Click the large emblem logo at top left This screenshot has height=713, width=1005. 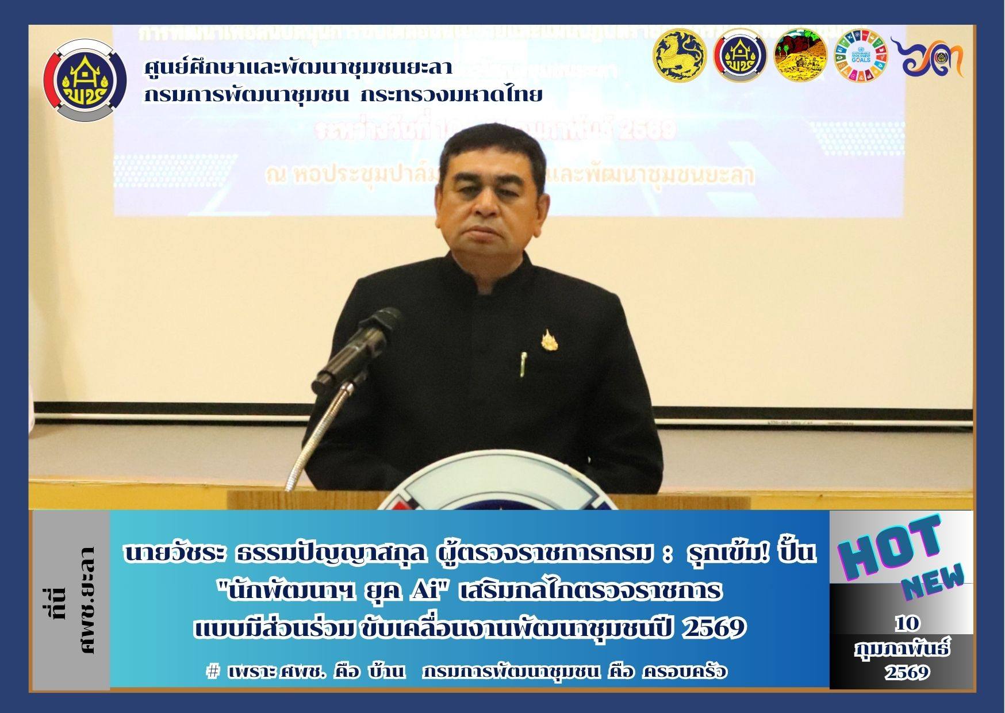[x=85, y=79]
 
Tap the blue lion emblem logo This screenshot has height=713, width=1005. [x=680, y=56]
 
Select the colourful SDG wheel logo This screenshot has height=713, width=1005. [x=861, y=56]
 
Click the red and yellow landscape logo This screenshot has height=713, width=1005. [x=800, y=56]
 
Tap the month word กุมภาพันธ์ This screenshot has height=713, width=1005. [x=902, y=650]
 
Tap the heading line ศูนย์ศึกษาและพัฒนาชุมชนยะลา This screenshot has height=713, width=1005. [x=298, y=68]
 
